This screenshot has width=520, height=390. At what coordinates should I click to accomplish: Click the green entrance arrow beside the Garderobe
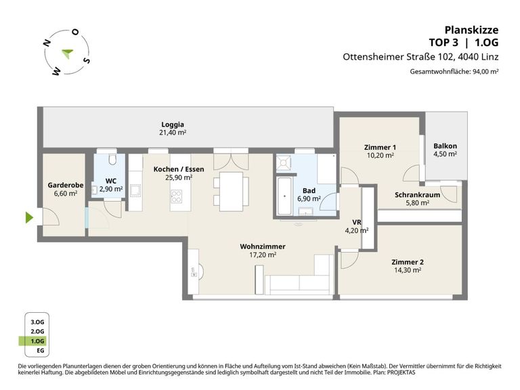tap(30, 217)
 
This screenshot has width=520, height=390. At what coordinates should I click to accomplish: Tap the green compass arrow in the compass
tap(68, 53)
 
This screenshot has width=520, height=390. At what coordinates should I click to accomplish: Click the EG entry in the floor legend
tap(40, 351)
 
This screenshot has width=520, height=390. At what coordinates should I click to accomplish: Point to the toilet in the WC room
tap(112, 160)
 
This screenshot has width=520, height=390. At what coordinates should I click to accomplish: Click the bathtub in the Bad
tap(284, 196)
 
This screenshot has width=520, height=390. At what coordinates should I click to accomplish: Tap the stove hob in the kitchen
tap(176, 196)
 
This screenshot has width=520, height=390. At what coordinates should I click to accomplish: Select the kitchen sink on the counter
tap(135, 190)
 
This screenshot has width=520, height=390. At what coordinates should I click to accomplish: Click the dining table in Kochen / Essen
tap(231, 192)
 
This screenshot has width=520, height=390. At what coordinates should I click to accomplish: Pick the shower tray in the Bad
tap(284, 162)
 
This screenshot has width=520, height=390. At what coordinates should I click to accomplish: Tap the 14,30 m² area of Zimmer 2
tap(408, 270)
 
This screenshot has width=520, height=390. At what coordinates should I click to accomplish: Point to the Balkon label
tap(445, 146)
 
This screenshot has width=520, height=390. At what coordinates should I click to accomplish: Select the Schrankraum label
tap(417, 195)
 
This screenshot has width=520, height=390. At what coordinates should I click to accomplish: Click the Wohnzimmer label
tap(263, 246)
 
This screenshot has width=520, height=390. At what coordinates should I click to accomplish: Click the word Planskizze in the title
tap(471, 30)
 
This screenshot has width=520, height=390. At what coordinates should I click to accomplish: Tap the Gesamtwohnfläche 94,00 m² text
tap(454, 71)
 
